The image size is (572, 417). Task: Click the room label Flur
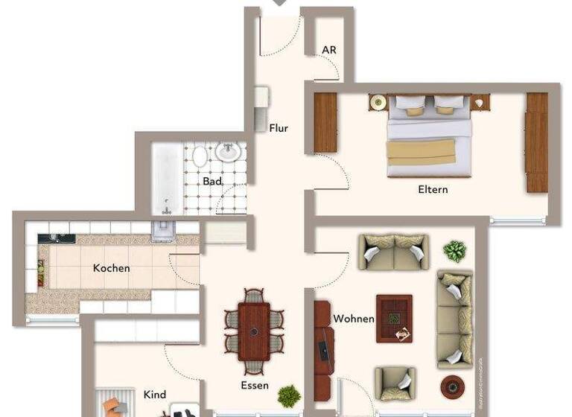[279, 128]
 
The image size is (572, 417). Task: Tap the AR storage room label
[329, 50]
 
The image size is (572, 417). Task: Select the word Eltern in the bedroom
[433, 189]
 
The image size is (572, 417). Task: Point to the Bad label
[212, 181]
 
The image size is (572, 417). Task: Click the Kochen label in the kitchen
[111, 268]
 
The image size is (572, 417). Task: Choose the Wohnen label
[354, 319]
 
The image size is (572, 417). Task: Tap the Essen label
[255, 386]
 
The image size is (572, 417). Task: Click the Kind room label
[155, 395]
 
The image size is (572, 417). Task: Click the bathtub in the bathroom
[167, 177]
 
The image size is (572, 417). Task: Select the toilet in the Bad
[200, 157]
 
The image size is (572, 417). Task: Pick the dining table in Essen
[254, 330]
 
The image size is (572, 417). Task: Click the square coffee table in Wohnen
[394, 318]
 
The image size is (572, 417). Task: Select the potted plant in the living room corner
[454, 250]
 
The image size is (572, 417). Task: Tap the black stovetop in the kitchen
[57, 238]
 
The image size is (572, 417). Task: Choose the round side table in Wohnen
[451, 386]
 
